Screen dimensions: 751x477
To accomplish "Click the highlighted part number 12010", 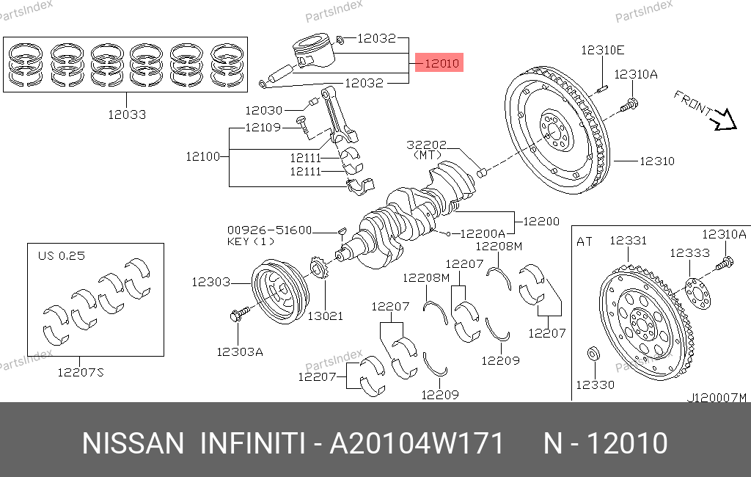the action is (442, 63).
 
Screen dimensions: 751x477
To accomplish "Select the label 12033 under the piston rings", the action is (127, 114).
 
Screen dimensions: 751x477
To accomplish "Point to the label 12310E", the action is (603, 50).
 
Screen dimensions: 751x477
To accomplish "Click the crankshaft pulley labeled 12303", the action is (281, 291).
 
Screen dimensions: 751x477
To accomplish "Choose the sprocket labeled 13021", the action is (318, 269).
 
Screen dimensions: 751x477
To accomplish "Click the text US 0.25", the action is (62, 256).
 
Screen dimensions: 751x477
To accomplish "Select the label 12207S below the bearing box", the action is (81, 372).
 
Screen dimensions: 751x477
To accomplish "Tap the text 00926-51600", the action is (270, 230).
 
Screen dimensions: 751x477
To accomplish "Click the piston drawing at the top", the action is (312, 51).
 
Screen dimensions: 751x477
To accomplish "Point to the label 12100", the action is (203, 156).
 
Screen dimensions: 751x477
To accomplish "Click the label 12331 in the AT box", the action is (628, 240).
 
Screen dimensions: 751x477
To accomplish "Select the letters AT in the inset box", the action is (585, 241).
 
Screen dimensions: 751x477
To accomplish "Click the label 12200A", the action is (483, 233).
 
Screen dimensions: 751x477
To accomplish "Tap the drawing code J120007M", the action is (717, 398).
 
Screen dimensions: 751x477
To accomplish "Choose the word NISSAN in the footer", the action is (133, 443).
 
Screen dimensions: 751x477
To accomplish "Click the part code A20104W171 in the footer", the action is (417, 443).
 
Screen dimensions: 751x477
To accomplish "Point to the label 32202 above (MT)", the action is (427, 145).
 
